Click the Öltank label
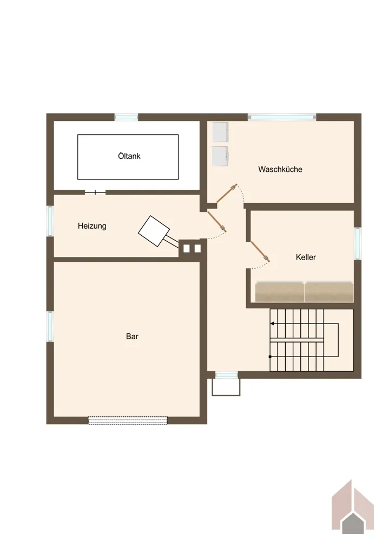(129, 156)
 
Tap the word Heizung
(92, 226)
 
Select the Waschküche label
(280, 169)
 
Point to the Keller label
(306, 257)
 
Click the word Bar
(132, 337)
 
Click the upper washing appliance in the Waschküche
(220, 132)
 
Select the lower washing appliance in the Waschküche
(220, 156)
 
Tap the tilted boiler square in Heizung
(154, 231)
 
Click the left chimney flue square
(187, 248)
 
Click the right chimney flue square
(197, 248)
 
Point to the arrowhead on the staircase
(272, 324)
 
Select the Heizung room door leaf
(217, 221)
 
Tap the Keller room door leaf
(260, 251)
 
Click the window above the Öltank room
(126, 117)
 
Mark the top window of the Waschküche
(282, 117)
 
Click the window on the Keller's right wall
(358, 243)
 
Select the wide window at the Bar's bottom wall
(128, 421)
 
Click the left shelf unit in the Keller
(280, 292)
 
